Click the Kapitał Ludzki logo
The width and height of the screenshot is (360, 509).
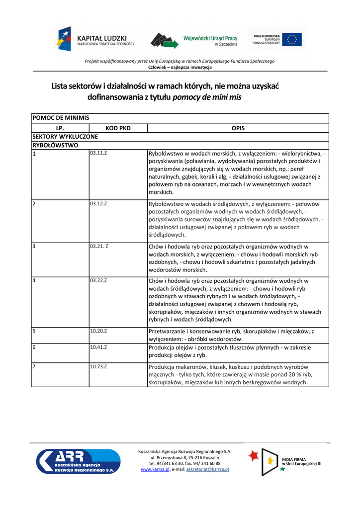(95, 39)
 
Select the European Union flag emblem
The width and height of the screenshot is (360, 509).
(293, 39)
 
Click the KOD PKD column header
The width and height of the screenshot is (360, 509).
(118, 128)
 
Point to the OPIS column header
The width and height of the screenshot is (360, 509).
(238, 128)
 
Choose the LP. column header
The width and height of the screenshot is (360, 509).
(60, 128)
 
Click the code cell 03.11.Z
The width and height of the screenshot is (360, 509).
(98, 153)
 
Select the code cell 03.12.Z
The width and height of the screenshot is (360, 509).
(98, 203)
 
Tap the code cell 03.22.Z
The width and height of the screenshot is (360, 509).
(98, 280)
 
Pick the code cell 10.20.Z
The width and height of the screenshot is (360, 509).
(98, 330)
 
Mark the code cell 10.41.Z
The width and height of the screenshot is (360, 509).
(98, 346)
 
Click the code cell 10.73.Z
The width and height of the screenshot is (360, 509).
(98, 366)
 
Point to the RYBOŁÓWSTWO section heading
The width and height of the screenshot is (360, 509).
(55, 145)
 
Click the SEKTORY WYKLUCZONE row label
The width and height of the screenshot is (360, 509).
(65, 136)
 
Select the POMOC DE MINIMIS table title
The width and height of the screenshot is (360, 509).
(61, 118)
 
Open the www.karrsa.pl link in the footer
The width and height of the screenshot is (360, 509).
(155, 469)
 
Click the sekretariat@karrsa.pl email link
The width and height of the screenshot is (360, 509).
(207, 469)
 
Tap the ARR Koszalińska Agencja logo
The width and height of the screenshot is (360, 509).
(79, 461)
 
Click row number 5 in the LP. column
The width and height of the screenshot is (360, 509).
(34, 330)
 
